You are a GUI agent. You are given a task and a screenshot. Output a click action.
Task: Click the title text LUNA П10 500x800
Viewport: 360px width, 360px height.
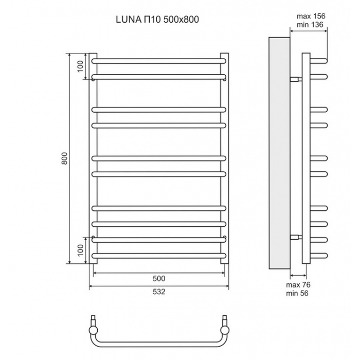coord(157,20)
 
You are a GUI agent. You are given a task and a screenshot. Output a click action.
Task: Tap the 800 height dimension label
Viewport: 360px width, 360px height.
coord(65,158)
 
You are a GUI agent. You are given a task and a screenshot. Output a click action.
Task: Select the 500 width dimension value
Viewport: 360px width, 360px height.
coord(159,279)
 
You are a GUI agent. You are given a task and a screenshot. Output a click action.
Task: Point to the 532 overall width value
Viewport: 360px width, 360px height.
coord(159,292)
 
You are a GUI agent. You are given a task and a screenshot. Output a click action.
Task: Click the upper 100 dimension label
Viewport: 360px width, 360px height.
coord(80,66)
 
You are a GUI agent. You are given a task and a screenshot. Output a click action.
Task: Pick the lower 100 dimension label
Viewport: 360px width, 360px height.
coord(80,250)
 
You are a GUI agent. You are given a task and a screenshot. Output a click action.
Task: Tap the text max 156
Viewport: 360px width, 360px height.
coord(311,16)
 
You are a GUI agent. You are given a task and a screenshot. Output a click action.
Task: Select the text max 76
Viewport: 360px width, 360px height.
coord(298,285)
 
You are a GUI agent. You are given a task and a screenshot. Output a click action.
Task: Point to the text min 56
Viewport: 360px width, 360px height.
coord(297,293)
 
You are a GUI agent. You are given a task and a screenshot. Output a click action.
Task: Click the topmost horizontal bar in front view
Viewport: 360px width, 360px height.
coord(159,61)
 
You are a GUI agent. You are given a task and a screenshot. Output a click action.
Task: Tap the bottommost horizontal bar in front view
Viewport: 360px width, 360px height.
coord(159,256)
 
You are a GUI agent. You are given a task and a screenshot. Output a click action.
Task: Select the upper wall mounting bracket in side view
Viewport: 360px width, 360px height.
coord(296,79)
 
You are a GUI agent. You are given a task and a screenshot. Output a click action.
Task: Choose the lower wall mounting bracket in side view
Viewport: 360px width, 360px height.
coord(296,237)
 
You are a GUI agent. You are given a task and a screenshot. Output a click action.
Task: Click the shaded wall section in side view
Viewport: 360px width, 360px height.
coord(279,153)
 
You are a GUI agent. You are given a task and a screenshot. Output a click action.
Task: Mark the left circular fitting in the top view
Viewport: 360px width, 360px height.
coord(93,331)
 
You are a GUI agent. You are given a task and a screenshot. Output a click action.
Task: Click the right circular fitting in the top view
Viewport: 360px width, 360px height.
coord(225,331)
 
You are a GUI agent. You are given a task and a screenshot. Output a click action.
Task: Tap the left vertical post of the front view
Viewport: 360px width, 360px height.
coord(93,158)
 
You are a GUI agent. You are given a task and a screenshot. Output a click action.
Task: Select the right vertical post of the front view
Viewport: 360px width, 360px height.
coord(225,158)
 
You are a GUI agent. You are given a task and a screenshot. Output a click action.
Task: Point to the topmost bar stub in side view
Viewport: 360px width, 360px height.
coord(319,61)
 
